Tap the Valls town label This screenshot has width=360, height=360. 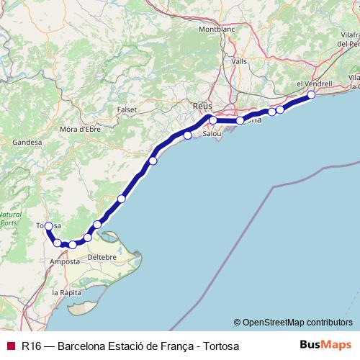tap(240, 62)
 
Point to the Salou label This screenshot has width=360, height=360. tap(212, 134)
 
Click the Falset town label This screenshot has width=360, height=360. tap(126, 109)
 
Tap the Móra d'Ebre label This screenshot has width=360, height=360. tap(81, 129)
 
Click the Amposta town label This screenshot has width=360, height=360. tap(64, 261)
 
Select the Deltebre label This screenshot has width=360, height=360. tap(102, 256)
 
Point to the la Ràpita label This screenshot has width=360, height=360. tap(66, 293)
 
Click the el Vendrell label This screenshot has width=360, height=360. tap(314, 84)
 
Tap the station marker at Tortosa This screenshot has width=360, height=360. tap(48, 226)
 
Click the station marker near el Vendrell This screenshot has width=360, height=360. tap(311, 94)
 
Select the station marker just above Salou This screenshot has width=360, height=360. tap(213, 120)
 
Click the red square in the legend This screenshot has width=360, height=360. tap(10, 346)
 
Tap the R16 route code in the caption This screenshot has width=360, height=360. tap(31, 346)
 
